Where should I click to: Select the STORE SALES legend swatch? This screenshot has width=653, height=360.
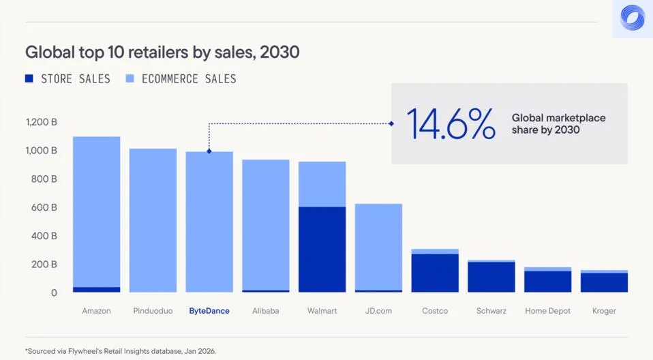(29, 79)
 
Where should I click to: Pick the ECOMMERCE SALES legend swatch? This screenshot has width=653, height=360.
(130, 79)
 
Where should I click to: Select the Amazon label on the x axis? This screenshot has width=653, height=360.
(96, 311)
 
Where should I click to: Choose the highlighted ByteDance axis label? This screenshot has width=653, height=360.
(209, 311)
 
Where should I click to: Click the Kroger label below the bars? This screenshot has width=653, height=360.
(604, 311)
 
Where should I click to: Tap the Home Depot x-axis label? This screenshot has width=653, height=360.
(548, 311)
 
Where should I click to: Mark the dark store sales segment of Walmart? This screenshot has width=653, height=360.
(322, 249)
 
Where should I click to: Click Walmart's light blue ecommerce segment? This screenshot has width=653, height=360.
(322, 184)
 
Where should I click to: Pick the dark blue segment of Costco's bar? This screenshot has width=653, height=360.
(435, 273)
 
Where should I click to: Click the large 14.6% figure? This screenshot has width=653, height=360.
(451, 123)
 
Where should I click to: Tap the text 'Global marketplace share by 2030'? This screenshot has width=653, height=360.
(558, 123)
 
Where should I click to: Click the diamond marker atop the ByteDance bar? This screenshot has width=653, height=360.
(209, 151)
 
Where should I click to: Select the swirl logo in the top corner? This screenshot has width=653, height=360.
(633, 18)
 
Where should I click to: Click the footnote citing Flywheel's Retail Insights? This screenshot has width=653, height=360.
(121, 351)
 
